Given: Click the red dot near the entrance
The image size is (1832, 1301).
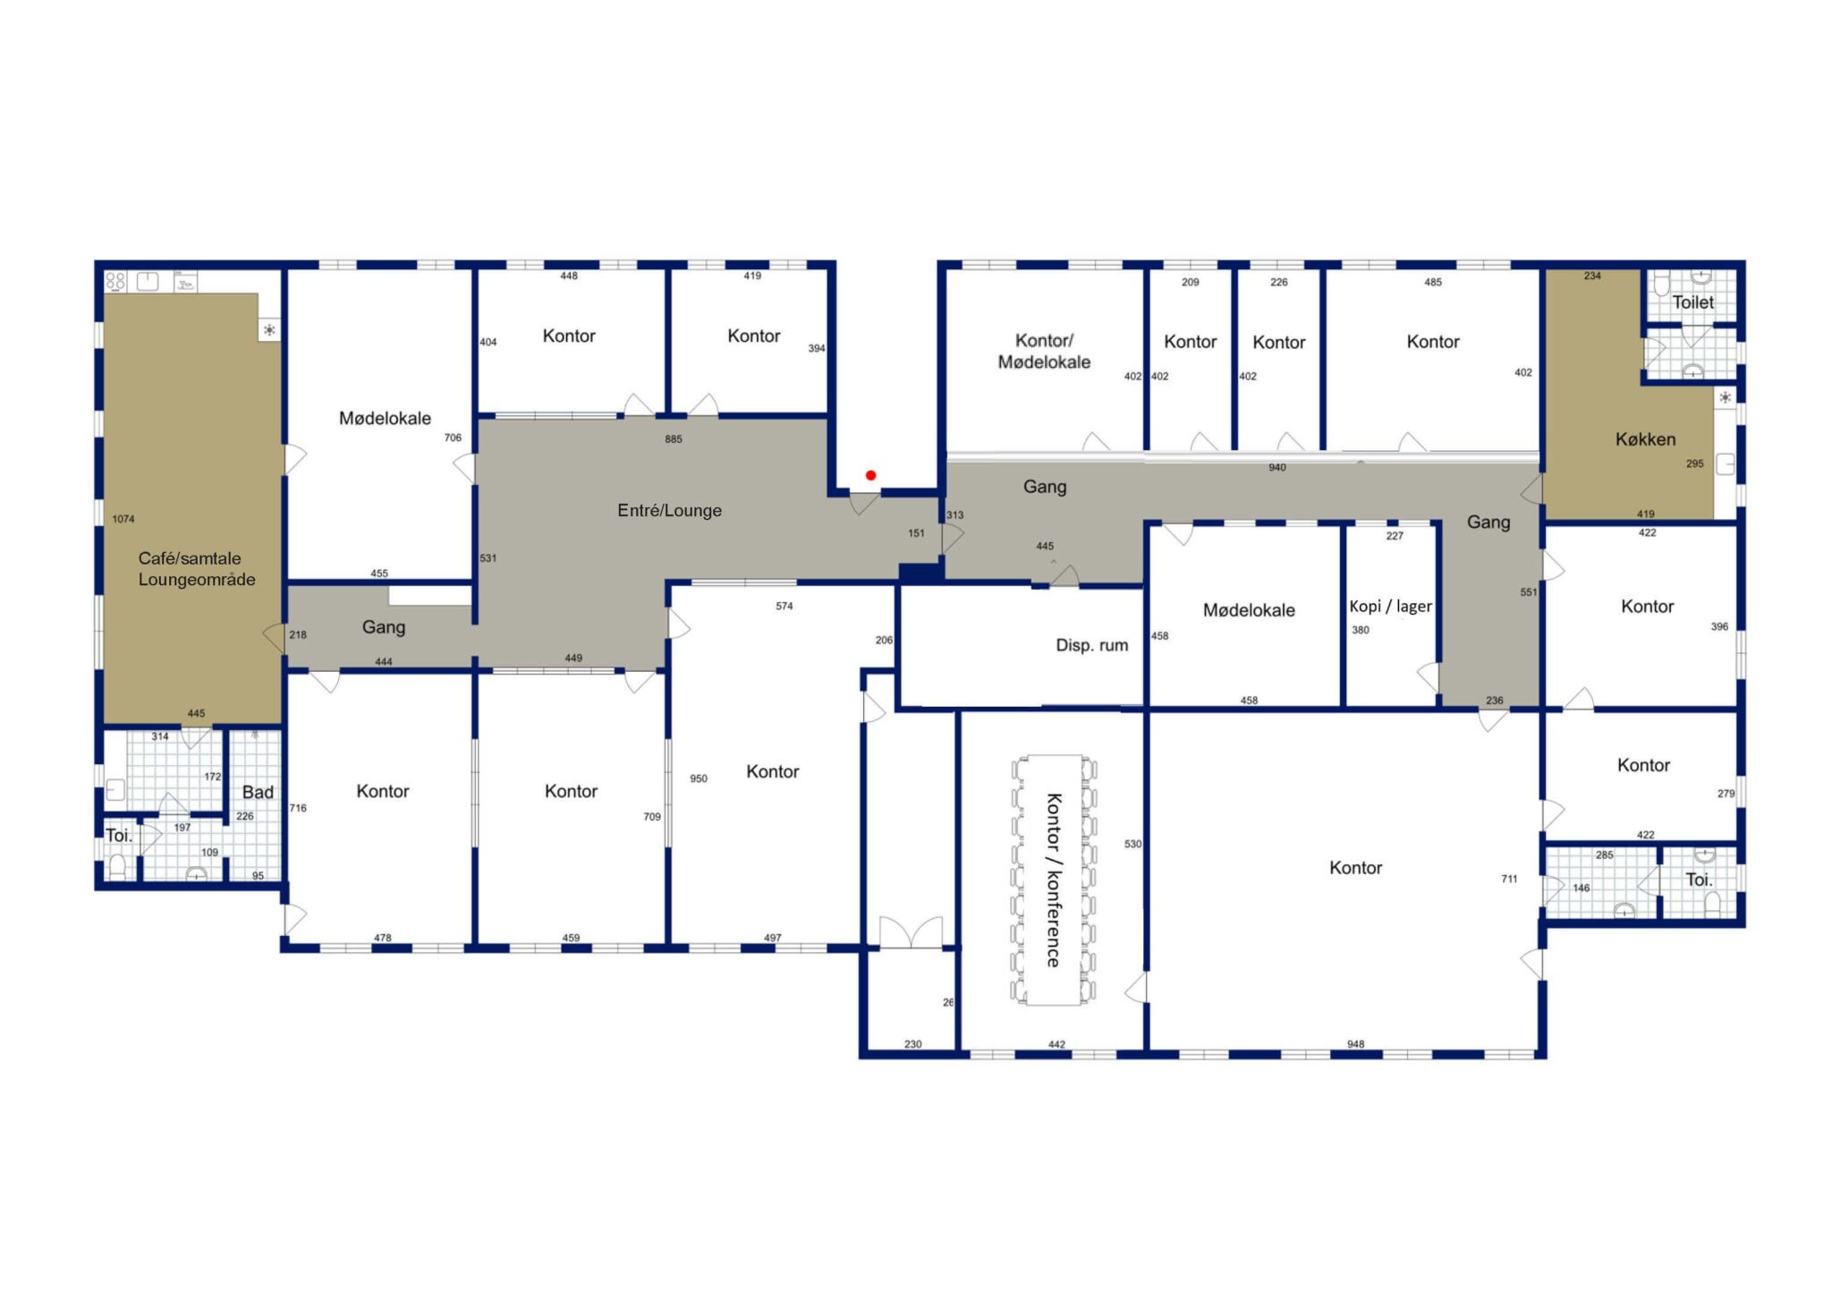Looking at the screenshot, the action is point(870,475).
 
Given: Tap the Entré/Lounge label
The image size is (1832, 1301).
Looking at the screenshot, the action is point(669,510).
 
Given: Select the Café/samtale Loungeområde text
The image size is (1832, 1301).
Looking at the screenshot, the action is point(196,568).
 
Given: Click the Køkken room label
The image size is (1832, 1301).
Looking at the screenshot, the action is point(1645,438).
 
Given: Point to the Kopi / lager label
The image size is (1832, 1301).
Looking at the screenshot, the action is point(1390,606).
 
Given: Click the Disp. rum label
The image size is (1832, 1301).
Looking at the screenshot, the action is point(1091,645).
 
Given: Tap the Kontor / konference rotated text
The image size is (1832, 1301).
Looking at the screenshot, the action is point(1054,880).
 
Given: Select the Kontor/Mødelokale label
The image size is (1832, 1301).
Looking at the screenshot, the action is point(1044,351).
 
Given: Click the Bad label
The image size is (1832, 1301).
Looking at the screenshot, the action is point(258,792).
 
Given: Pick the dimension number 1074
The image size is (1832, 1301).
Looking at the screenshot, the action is point(123,519).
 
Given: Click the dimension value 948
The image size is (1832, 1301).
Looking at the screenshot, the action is point(1355,1044).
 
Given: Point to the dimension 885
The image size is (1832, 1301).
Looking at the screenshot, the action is point(674,439).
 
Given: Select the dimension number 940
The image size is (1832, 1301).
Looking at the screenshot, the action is point(1276,468).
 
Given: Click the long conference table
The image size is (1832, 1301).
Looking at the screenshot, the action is point(1054,880).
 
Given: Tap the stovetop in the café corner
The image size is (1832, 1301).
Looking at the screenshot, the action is point(115,282).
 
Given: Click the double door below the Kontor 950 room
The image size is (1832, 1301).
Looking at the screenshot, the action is point(911,932).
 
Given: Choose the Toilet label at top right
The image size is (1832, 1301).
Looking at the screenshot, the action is point(1692,302).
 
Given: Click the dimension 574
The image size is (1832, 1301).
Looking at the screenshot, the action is point(784,606).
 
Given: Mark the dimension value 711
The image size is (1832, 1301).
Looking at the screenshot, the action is point(1509,879).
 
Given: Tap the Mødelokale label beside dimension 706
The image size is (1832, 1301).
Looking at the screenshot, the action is point(385,418).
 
